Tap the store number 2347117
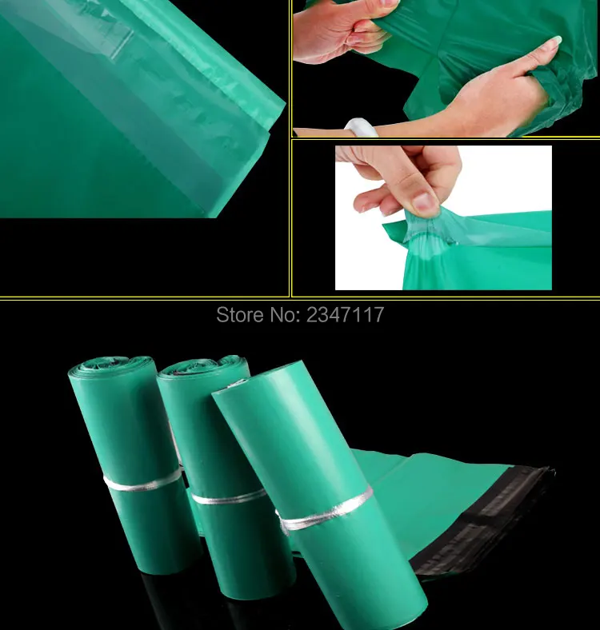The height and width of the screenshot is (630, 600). pyautogui.click(x=343, y=315)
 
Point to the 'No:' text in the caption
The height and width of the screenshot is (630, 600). pyautogui.click(x=282, y=315)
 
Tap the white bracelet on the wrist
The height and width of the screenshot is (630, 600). pyautogui.click(x=358, y=127)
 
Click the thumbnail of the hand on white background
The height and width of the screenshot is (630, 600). pyautogui.click(x=443, y=217)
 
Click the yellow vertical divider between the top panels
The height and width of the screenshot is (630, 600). pyautogui.click(x=290, y=148)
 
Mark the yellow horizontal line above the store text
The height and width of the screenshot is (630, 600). pyautogui.click(x=300, y=300)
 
